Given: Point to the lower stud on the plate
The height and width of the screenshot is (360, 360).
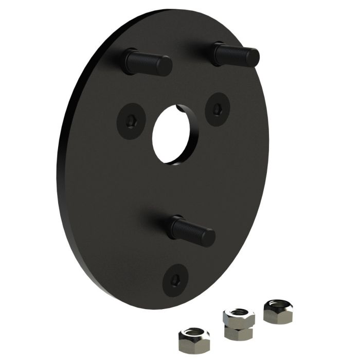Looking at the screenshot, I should [191, 230].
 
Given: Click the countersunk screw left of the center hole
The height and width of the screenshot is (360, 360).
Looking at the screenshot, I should [131, 120].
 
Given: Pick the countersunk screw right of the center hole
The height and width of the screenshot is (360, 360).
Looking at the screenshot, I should [217, 109].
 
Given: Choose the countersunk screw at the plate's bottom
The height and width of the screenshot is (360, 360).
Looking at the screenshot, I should [175, 280].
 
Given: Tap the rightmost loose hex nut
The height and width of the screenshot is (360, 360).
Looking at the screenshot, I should [277, 311].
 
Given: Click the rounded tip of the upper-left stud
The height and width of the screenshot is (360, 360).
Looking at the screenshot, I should [166, 66].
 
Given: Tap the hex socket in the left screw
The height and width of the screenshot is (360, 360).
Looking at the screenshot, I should [132, 121].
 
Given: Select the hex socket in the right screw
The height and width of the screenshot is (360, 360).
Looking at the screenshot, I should [218, 109].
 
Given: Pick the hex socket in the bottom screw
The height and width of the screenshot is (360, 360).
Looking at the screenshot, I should [175, 280].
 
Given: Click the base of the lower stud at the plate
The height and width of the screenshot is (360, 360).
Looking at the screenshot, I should [174, 223].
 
